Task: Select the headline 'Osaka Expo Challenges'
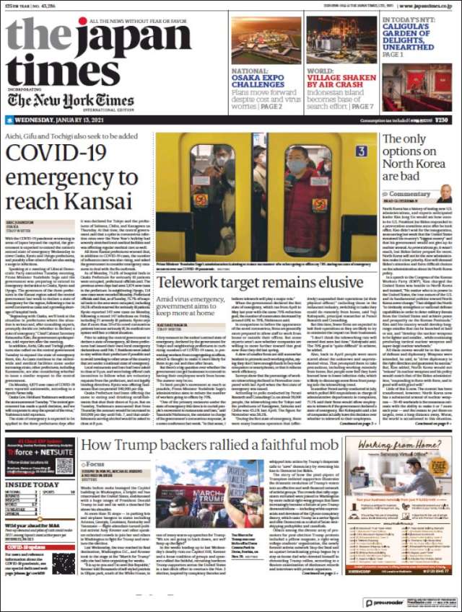[x=258, y=79]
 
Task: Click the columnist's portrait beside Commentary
[x=445, y=194]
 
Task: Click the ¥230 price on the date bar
[x=441, y=120]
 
